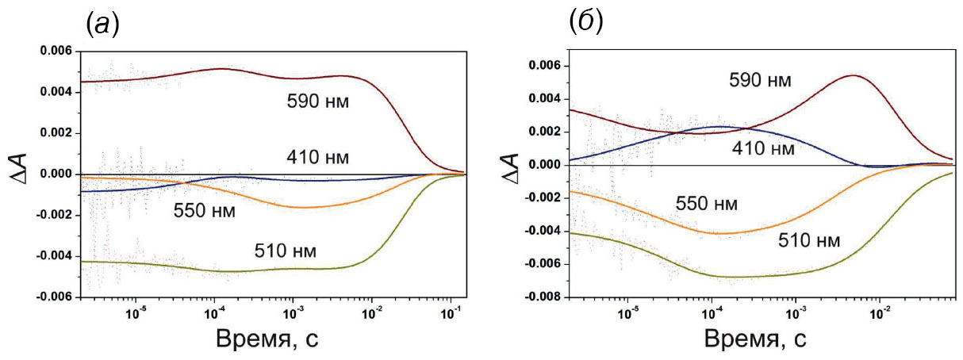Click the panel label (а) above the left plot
coord(102,25)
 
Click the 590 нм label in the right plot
coord(761,79)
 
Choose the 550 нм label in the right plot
coord(707,204)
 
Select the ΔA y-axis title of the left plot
coord(23,174)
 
